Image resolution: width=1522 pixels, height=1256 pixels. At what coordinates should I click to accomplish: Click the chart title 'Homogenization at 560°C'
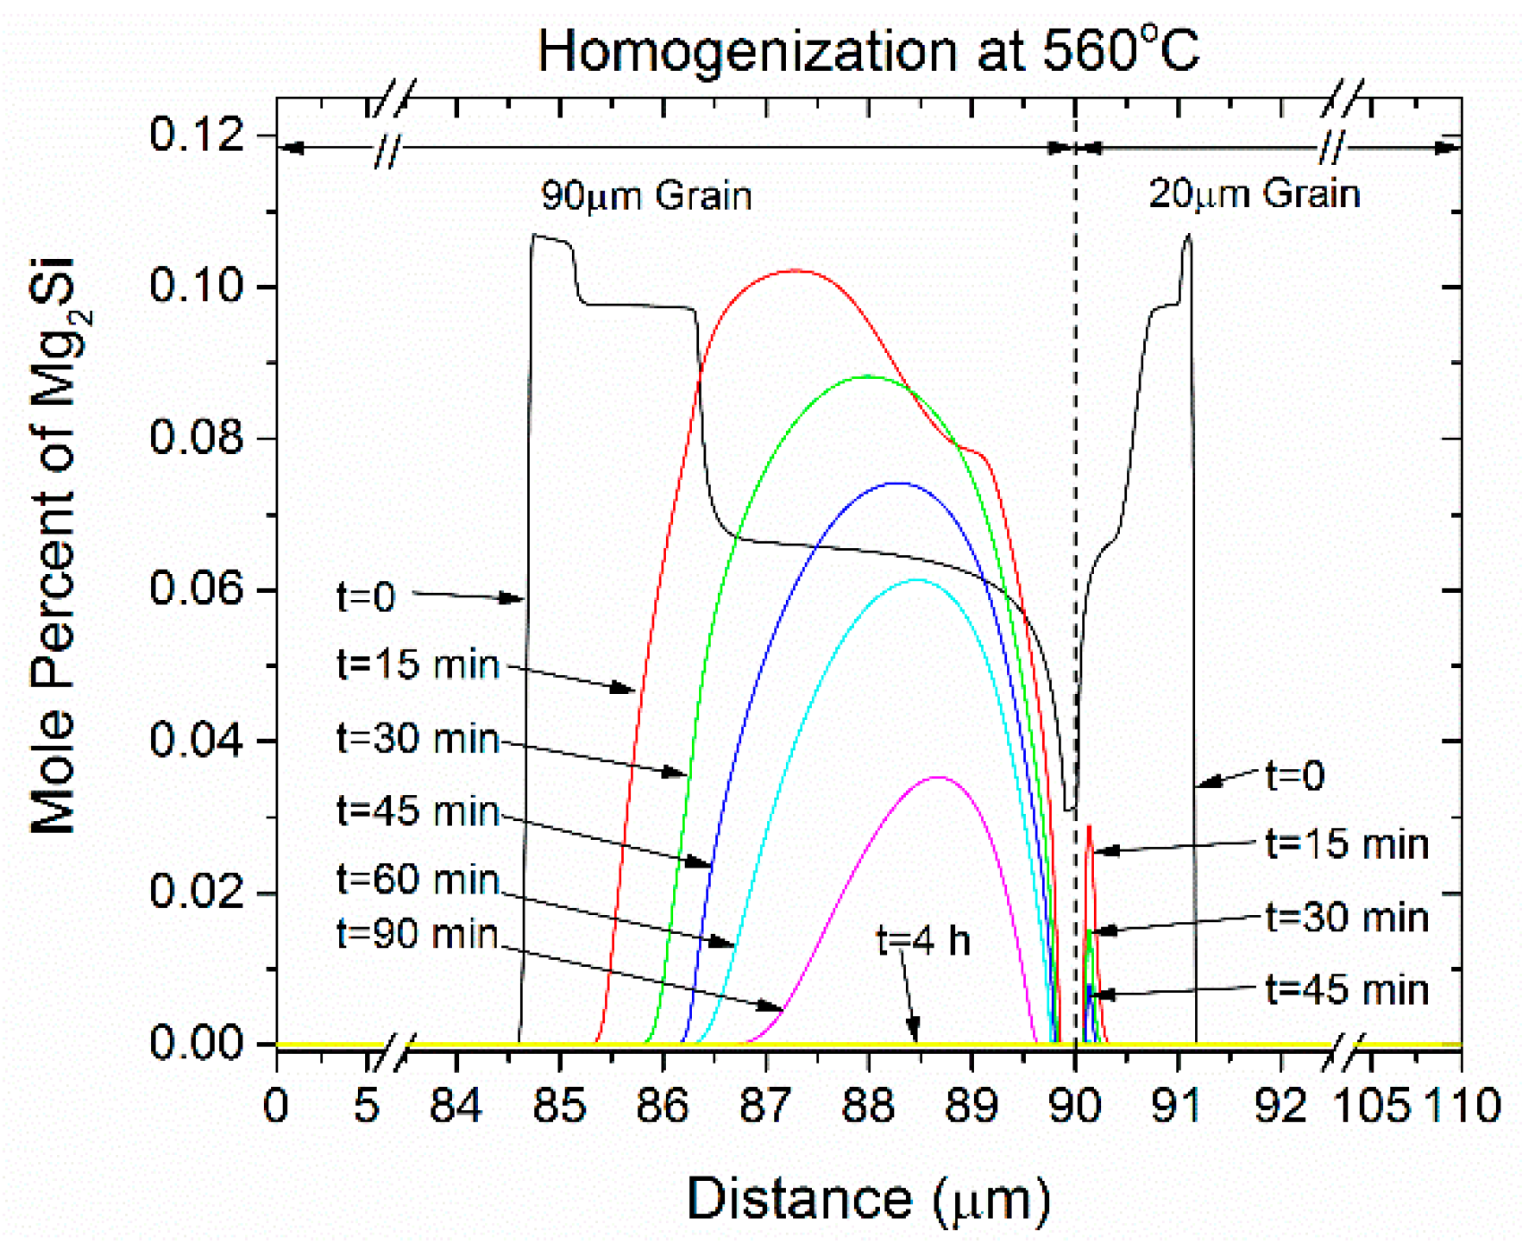pyautogui.click(x=868, y=52)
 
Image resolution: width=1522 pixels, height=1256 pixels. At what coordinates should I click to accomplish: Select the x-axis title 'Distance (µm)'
pyautogui.click(x=868, y=1199)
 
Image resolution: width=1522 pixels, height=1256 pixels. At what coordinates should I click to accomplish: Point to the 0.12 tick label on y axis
pyautogui.click(x=198, y=135)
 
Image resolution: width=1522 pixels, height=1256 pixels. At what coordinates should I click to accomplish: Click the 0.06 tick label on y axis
pyautogui.click(x=198, y=590)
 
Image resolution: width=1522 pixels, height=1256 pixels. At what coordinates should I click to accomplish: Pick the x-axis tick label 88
pyautogui.click(x=868, y=1106)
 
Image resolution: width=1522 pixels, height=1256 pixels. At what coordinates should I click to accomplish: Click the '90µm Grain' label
pyautogui.click(x=646, y=196)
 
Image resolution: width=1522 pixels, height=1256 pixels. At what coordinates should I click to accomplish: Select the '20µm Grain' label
pyautogui.click(x=1254, y=193)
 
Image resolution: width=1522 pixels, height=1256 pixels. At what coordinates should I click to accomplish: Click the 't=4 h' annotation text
pyautogui.click(x=922, y=940)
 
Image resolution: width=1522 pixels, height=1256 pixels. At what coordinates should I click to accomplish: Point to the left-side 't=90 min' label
pyautogui.click(x=418, y=934)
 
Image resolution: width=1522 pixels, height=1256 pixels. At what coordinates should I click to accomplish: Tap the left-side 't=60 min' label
pyautogui.click(x=418, y=880)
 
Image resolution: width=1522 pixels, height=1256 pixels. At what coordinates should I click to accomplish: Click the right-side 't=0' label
pyautogui.click(x=1294, y=776)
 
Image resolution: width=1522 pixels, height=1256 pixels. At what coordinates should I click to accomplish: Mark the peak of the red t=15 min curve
pyautogui.click(x=795, y=270)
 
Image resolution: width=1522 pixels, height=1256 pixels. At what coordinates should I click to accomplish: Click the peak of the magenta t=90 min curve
pyautogui.click(x=939, y=778)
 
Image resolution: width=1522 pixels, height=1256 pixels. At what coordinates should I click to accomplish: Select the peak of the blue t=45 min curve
pyautogui.click(x=899, y=483)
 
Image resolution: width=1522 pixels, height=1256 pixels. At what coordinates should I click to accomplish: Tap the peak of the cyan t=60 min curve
pyautogui.click(x=917, y=580)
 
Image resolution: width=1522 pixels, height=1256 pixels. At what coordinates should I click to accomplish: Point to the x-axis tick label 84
pyautogui.click(x=456, y=1106)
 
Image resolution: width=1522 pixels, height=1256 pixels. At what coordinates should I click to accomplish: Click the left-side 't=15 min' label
pyautogui.click(x=418, y=666)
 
